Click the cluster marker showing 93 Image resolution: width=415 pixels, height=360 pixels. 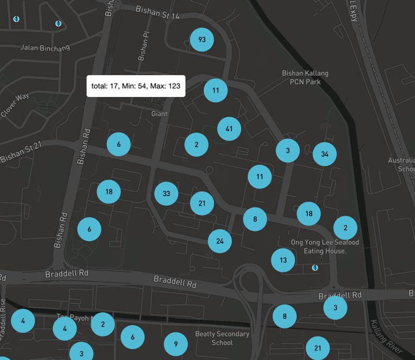[x=202, y=39]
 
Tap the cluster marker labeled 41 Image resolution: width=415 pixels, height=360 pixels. [x=229, y=129]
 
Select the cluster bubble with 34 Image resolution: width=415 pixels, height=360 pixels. [x=325, y=154]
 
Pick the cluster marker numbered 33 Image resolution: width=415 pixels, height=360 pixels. [x=166, y=193]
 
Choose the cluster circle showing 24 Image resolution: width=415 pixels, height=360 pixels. [x=220, y=241]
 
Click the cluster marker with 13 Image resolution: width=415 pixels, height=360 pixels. [x=283, y=260]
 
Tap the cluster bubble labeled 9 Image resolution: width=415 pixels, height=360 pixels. [x=176, y=343]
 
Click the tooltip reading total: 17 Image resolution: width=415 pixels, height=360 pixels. [x=136, y=86]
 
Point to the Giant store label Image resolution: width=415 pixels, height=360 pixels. [x=160, y=113]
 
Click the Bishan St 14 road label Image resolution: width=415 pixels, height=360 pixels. [x=157, y=12]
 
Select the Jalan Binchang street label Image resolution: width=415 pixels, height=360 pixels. [x=45, y=48]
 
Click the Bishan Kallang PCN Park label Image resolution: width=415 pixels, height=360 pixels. [x=305, y=77]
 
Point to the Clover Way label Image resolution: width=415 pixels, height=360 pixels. [x=15, y=104]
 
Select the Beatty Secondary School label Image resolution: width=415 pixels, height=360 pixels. [x=222, y=338]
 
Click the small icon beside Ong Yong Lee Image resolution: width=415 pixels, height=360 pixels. [x=314, y=268]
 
